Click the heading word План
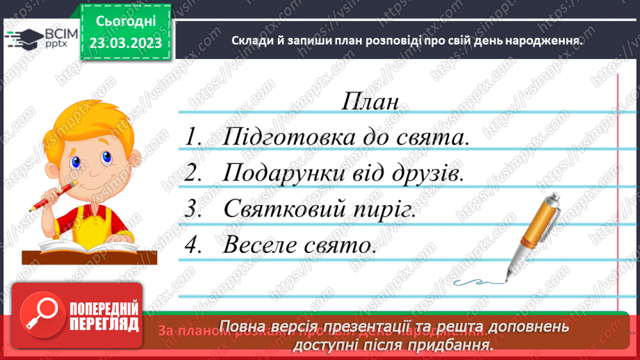370,101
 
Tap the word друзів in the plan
422,173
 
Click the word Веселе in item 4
262,245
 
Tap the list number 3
192,209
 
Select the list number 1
192,137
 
